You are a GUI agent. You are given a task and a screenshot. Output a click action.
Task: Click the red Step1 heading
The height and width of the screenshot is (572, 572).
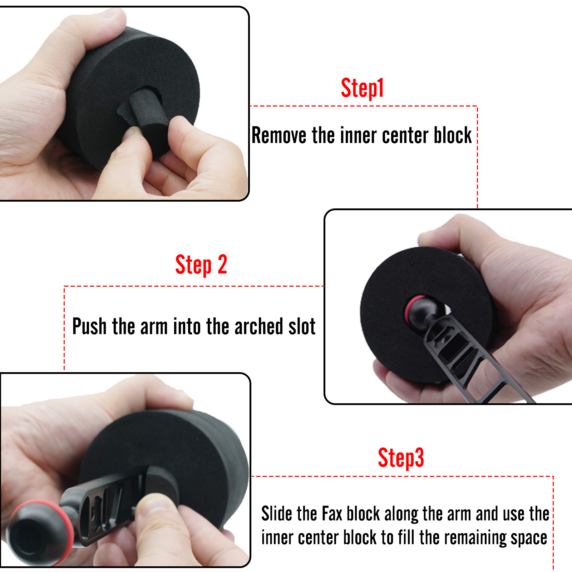click(x=362, y=88)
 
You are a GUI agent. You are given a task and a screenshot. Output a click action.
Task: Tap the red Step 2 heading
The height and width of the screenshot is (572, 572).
click(x=201, y=265)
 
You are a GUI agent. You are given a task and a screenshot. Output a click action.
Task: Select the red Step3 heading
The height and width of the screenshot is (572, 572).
click(x=401, y=458)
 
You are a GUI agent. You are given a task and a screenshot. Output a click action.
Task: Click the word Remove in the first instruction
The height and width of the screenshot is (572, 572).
click(x=279, y=135)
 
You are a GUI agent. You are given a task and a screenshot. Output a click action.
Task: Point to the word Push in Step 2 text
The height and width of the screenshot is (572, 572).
click(x=89, y=326)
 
